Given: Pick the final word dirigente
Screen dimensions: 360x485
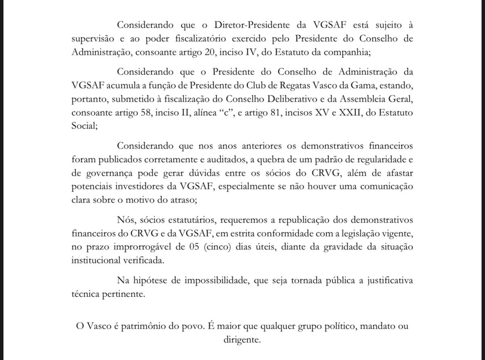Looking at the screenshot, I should click(242, 340).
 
